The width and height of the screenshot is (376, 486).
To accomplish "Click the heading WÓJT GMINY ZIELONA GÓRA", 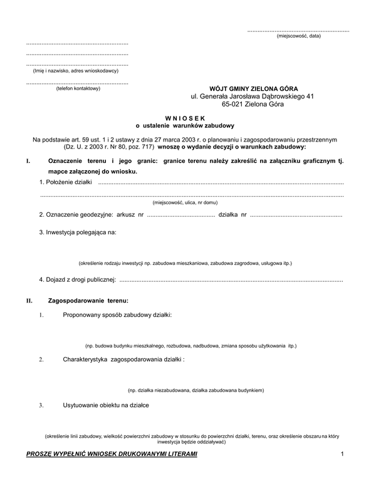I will (x=253, y=89).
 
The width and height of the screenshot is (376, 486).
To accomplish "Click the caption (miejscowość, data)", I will (x=298, y=36).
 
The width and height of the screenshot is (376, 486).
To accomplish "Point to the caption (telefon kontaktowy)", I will (x=77, y=88).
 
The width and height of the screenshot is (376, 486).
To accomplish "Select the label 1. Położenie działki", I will (x=65, y=182).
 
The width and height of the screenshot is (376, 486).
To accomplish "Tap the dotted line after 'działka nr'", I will (x=296, y=215).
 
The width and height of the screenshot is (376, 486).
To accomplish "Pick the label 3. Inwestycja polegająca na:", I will (x=77, y=232).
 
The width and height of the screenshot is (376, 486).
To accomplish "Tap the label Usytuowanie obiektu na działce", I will (x=106, y=405).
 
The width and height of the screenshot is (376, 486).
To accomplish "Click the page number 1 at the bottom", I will (x=343, y=453).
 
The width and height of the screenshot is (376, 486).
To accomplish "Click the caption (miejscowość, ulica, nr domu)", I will (x=185, y=202).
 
